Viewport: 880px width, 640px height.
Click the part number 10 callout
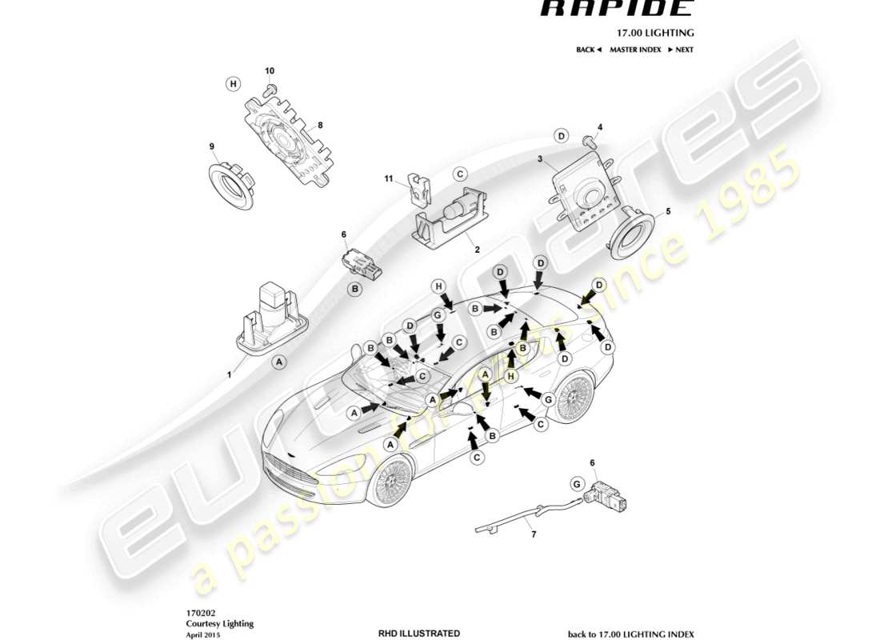pyautogui.click(x=270, y=71)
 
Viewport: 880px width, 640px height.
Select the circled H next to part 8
pyautogui.click(x=233, y=83)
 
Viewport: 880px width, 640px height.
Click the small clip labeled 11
pyautogui.click(x=418, y=188)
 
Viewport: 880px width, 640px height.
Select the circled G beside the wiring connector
pyautogui.click(x=576, y=482)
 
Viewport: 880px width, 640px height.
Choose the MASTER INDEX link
pyautogui.click(x=635, y=50)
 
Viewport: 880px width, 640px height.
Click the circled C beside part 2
pyautogui.click(x=460, y=174)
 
